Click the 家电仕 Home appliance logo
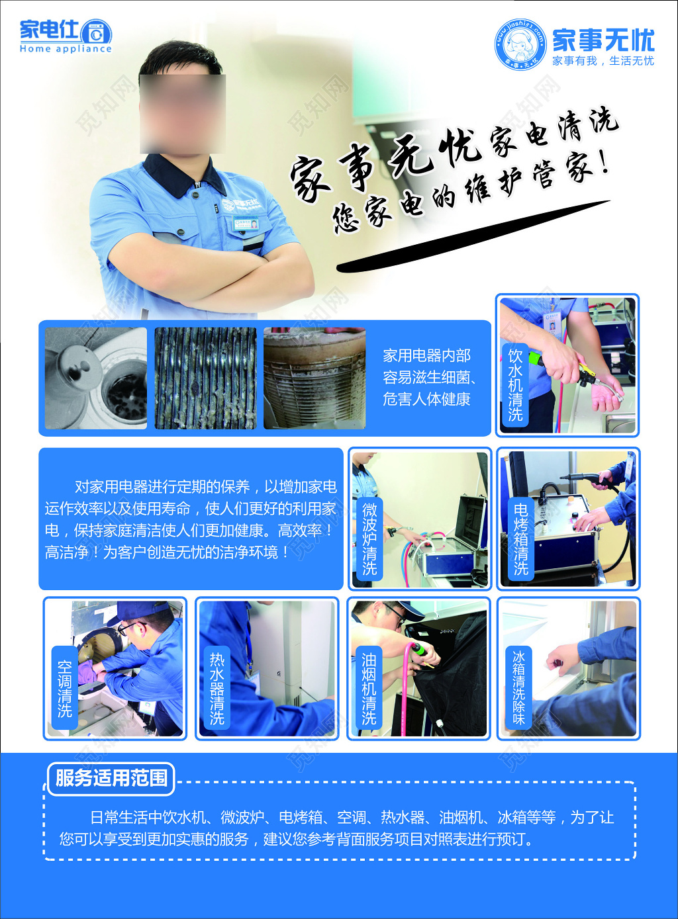(65, 36)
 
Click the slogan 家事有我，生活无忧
(603, 61)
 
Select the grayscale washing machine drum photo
(96, 378)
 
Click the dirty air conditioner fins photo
(205, 378)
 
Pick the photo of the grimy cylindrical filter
(315, 378)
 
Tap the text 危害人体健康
(426, 400)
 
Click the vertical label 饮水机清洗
(515, 384)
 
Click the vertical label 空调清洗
(64, 688)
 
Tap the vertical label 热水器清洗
(217, 688)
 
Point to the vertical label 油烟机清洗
(369, 688)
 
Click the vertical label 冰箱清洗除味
(518, 688)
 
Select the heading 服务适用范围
(111, 778)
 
